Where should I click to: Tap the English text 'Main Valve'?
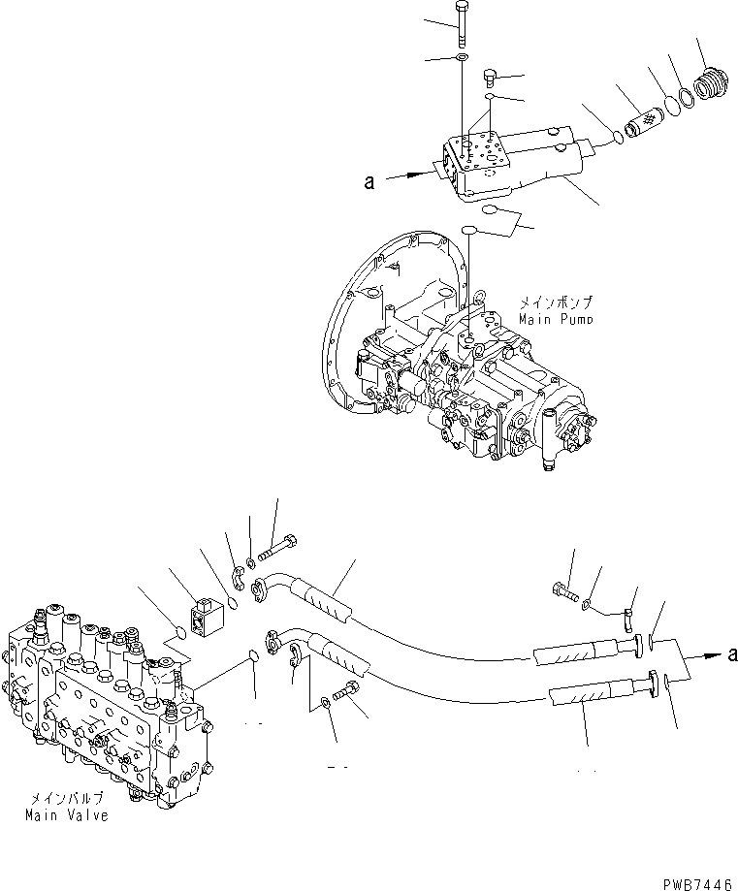click(x=67, y=815)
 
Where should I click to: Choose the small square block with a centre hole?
click(x=209, y=619)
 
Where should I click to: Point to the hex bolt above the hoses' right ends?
click(x=563, y=588)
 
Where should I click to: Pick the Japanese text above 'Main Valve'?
click(x=66, y=800)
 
